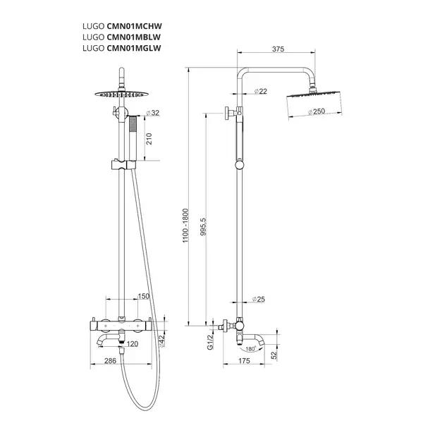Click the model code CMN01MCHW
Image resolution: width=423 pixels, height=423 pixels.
pos(135,26)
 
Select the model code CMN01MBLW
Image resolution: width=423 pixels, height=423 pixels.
pos(134,37)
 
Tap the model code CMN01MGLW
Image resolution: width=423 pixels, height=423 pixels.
pos(134,48)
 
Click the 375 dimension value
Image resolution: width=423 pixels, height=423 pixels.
pos(278,49)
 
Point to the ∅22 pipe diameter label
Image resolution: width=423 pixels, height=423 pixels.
pos(261,92)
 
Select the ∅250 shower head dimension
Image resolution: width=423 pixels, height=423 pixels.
pos(317,111)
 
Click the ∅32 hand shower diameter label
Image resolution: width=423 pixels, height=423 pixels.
pos(153,113)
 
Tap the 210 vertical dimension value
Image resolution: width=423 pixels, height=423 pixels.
pos(149,139)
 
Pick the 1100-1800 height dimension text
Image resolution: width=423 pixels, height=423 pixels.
pos(185,226)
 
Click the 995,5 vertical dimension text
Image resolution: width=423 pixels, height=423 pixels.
pos(203,227)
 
